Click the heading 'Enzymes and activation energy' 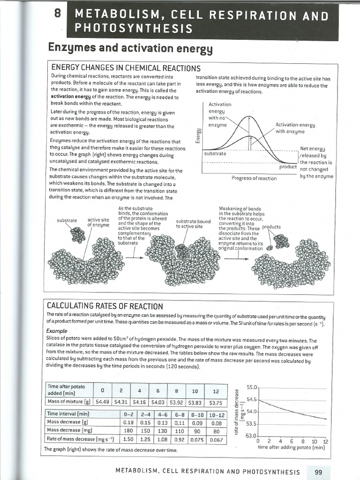(x=131, y=49)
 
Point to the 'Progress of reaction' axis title (x=254, y=178)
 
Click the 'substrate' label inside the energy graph (x=215, y=154)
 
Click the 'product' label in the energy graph (x=288, y=167)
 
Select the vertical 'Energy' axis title (x=198, y=135)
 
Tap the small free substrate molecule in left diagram (x=78, y=234)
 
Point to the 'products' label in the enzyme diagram (x=271, y=227)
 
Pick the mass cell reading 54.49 (x=102, y=401)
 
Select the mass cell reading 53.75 (x=215, y=401)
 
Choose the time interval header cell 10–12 (x=216, y=414)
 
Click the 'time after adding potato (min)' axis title (x=292, y=447)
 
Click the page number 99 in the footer (x=318, y=472)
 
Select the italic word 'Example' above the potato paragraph (x=57, y=330)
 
